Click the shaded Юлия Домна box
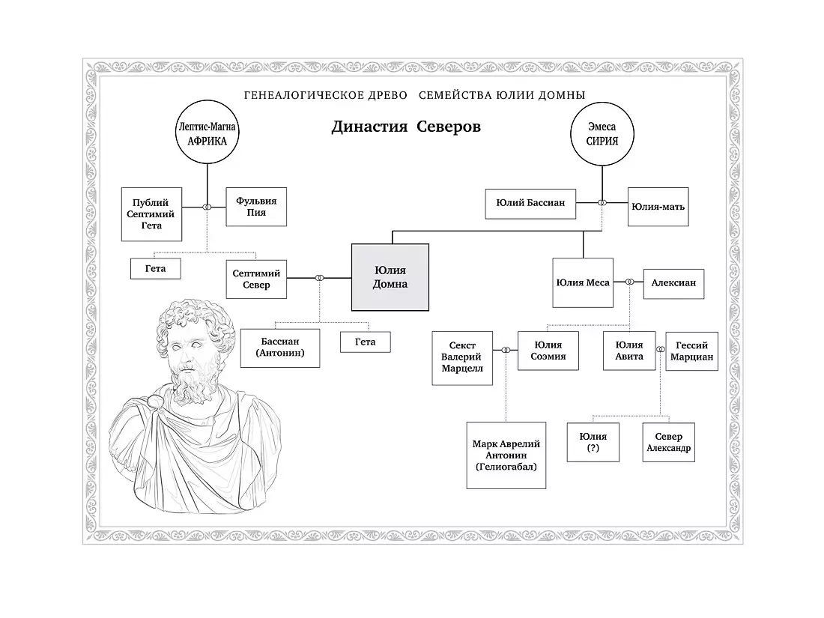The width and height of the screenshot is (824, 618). click(x=390, y=276)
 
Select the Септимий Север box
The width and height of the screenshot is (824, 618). click(x=257, y=279)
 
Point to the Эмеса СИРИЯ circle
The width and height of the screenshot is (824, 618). click(x=602, y=133)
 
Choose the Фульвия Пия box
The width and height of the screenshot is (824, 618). click(x=256, y=206)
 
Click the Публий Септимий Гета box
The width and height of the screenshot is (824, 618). click(x=151, y=213)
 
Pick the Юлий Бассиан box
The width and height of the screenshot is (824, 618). click(x=530, y=202)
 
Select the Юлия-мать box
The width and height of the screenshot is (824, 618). click(x=658, y=207)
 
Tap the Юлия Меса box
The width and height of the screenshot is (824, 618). click(x=582, y=282)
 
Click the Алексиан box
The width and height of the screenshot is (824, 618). click(x=673, y=282)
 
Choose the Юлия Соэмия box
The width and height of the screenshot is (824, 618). click(x=545, y=351)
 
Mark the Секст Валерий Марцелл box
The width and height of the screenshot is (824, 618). click(x=462, y=357)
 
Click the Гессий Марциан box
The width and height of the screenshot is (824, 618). click(x=691, y=351)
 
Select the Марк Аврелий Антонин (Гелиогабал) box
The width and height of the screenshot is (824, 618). click(x=506, y=455)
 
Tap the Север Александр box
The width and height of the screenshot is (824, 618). click(x=668, y=443)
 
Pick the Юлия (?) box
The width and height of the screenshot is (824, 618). click(x=593, y=443)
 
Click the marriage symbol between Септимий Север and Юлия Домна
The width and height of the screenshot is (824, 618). click(x=319, y=279)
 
